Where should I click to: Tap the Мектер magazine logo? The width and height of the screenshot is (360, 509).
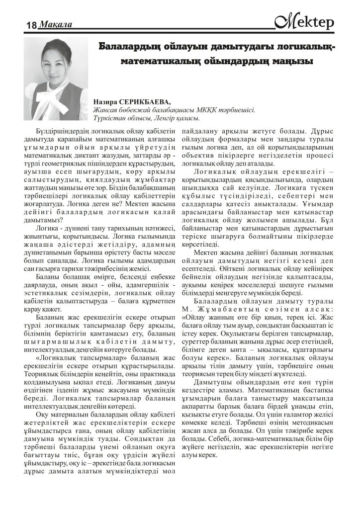(x=305, y=21)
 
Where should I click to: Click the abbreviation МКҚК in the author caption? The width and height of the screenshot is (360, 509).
(x=204, y=110)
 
